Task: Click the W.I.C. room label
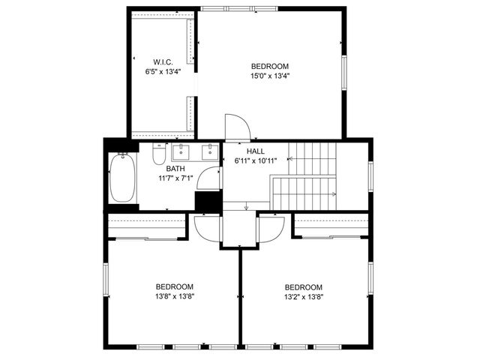coord(163,61)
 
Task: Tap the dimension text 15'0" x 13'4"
coord(270,76)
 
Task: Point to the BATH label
coord(175,169)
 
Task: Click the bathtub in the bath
coord(121,178)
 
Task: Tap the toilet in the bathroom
coord(159,154)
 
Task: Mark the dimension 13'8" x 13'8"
coord(175,296)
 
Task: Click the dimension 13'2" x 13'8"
coord(304,297)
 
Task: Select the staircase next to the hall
coord(307,176)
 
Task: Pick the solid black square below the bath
coord(207,202)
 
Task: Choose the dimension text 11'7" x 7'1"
coord(175,178)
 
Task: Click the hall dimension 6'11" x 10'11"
coord(256,160)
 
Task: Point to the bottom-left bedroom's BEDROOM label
coord(175,286)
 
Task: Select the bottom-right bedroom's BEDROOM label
coord(304,287)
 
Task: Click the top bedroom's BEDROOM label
coord(270,66)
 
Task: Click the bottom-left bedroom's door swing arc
coord(204,224)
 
